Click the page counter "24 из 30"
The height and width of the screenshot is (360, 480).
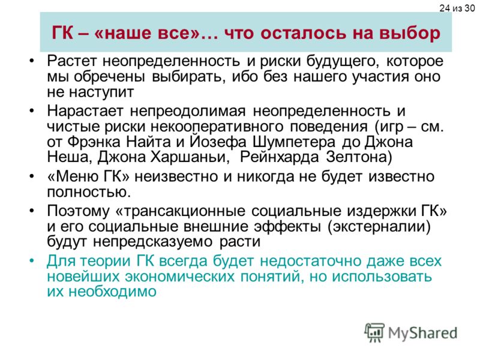click(x=457, y=8)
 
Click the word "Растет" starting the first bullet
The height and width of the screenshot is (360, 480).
click(x=71, y=61)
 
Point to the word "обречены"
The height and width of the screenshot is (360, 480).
click(x=109, y=76)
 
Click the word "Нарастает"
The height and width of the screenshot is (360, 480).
click(x=85, y=110)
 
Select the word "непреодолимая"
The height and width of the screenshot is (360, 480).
click(x=188, y=111)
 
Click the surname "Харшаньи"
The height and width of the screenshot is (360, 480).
click(x=190, y=157)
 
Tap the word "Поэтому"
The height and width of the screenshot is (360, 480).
click(x=78, y=211)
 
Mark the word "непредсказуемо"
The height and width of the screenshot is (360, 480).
click(x=153, y=242)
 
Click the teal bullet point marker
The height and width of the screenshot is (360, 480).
click(x=32, y=261)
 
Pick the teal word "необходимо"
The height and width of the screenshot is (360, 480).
click(x=112, y=292)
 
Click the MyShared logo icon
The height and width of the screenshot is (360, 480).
click(x=374, y=332)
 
